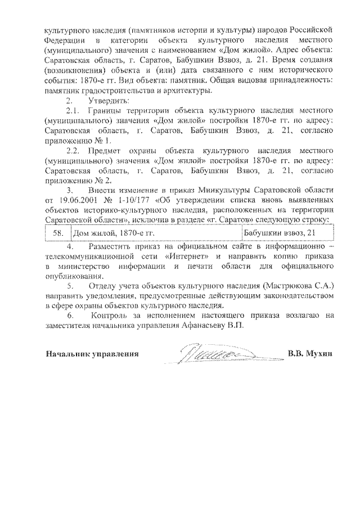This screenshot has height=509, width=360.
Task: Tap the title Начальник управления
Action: pos(92,355)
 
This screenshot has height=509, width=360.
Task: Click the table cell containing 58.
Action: pos(57,232)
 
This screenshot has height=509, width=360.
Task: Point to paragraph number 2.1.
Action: pos(73,111)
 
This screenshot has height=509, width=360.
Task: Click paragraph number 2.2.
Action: pos(73,151)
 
